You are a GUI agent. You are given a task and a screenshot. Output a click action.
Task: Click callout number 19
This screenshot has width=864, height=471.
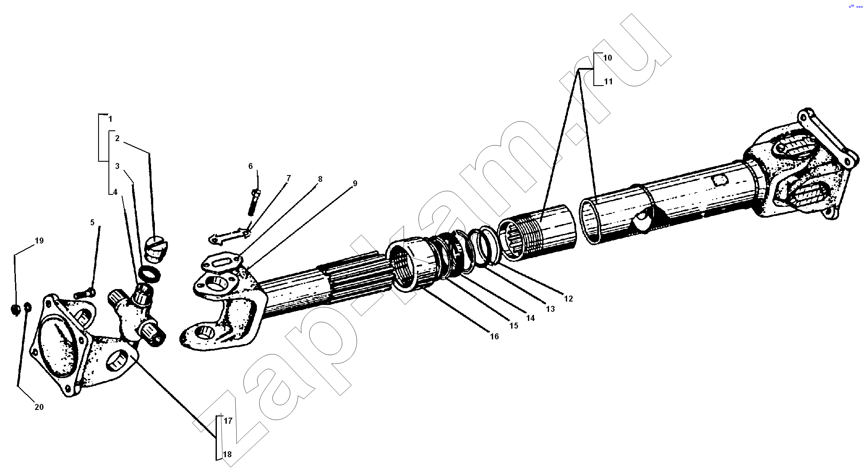coord(39,241)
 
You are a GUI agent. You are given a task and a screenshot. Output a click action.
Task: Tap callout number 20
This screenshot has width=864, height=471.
coord(39,407)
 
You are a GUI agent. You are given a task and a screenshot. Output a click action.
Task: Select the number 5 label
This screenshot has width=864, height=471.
coord(92,222)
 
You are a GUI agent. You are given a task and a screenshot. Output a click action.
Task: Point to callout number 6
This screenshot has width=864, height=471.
coord(250,166)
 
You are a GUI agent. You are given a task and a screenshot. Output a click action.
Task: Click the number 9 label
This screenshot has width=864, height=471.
coord(355,183)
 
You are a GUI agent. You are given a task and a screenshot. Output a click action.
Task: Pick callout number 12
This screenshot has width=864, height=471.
coord(568,299)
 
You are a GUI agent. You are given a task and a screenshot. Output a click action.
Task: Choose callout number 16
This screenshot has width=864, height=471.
coord(494,336)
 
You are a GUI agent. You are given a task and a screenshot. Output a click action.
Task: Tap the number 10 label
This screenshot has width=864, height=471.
coord(608,58)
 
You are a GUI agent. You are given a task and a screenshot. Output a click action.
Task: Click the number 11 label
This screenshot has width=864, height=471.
coord(608,81)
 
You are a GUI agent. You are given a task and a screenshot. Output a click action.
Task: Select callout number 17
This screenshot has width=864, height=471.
coord(228,421)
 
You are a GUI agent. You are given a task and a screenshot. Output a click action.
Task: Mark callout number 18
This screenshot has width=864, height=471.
coord(227,454)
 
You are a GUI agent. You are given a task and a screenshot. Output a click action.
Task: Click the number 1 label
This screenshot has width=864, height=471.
coord(110,119)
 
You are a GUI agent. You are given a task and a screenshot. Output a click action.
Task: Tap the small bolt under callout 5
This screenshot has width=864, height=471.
coord(85,294)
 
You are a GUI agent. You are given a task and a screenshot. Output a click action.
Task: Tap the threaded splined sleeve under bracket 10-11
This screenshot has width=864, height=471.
coord(537,232)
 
